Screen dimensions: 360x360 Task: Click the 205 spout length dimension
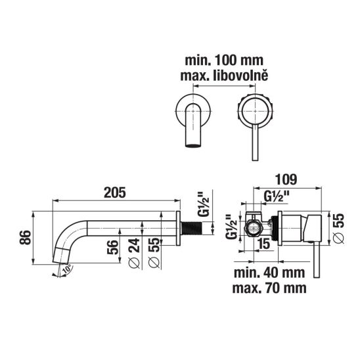click(x=115, y=192)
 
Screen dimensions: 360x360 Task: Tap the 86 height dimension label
click(x=25, y=237)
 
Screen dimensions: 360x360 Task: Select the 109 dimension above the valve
click(x=286, y=179)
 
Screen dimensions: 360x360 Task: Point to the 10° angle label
click(x=68, y=269)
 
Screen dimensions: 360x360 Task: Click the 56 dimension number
click(x=113, y=247)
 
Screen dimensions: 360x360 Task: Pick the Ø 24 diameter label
click(x=134, y=253)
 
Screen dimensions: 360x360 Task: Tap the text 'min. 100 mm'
click(x=224, y=60)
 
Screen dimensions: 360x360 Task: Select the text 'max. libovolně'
click(x=224, y=76)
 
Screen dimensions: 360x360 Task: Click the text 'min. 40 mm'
click(x=269, y=273)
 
